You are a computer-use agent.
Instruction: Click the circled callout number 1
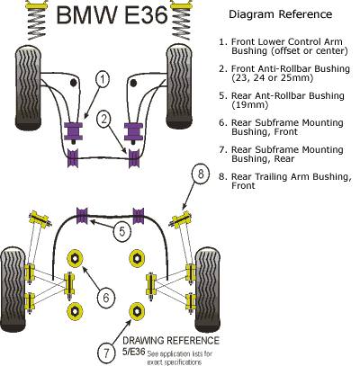103,79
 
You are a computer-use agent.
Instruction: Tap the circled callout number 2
103,120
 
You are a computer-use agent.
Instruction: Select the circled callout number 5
121,232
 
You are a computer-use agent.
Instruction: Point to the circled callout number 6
106,298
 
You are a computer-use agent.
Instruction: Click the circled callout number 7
106,353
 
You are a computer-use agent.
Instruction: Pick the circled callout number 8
201,174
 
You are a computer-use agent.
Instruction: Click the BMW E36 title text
112,15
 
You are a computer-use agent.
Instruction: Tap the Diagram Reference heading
281,14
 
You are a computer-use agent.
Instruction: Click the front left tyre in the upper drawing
28,88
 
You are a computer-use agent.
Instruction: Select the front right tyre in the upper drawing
179,86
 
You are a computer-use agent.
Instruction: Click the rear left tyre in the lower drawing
13,290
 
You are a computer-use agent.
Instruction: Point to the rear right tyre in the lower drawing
208,290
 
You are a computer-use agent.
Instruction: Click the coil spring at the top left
36,20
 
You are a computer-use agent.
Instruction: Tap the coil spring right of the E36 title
181,19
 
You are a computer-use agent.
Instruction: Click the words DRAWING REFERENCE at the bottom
171,341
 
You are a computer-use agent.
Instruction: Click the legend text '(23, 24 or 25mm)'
273,78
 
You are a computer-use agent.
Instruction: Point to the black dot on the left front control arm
73,83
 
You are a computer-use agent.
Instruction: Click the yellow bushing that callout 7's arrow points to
137,311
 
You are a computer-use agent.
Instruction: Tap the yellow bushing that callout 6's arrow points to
75,258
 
